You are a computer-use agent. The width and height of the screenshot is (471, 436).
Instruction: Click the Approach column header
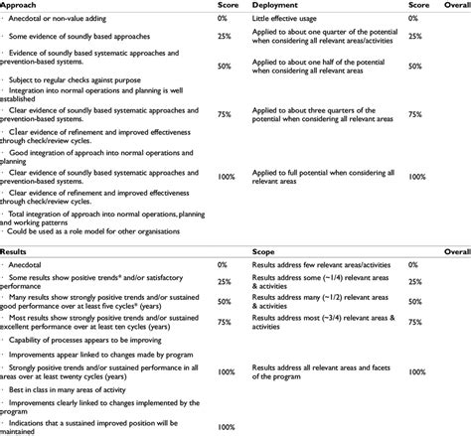click(26, 5)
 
